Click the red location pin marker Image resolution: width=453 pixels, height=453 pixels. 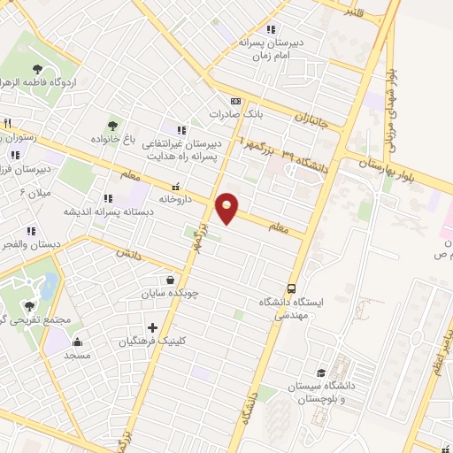(227, 207)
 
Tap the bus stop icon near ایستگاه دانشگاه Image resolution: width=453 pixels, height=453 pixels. (291, 288)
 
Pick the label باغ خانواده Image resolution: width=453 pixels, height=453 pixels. (115, 140)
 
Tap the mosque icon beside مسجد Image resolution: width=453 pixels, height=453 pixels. (77, 342)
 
